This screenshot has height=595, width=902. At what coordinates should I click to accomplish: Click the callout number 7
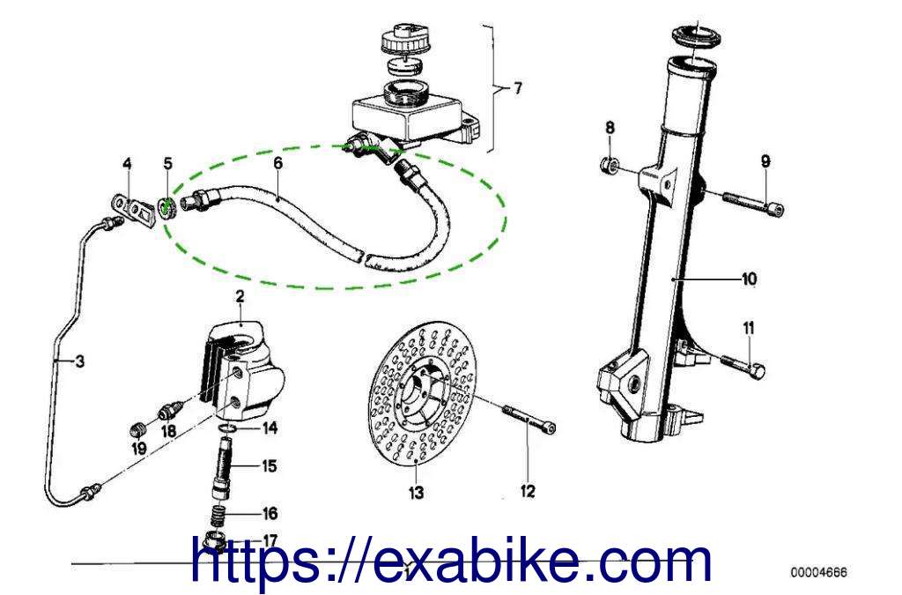518,88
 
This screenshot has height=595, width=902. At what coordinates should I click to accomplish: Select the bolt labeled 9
753,203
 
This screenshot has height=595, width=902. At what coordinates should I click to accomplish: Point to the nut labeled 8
610,167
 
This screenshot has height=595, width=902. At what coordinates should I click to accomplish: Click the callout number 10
749,279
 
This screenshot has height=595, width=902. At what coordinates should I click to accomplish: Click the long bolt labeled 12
529,419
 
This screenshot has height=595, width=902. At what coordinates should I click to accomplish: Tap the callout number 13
416,493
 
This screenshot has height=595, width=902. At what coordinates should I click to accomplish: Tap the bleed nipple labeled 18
170,412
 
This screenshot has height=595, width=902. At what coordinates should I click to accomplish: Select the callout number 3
80,361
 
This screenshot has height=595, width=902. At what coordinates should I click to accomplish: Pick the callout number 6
277,163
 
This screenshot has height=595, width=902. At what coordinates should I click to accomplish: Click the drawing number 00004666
818,572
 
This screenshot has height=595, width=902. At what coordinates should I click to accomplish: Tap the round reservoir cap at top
405,38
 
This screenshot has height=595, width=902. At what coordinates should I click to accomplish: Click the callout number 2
240,297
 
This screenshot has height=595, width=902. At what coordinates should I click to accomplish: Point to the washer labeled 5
166,209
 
